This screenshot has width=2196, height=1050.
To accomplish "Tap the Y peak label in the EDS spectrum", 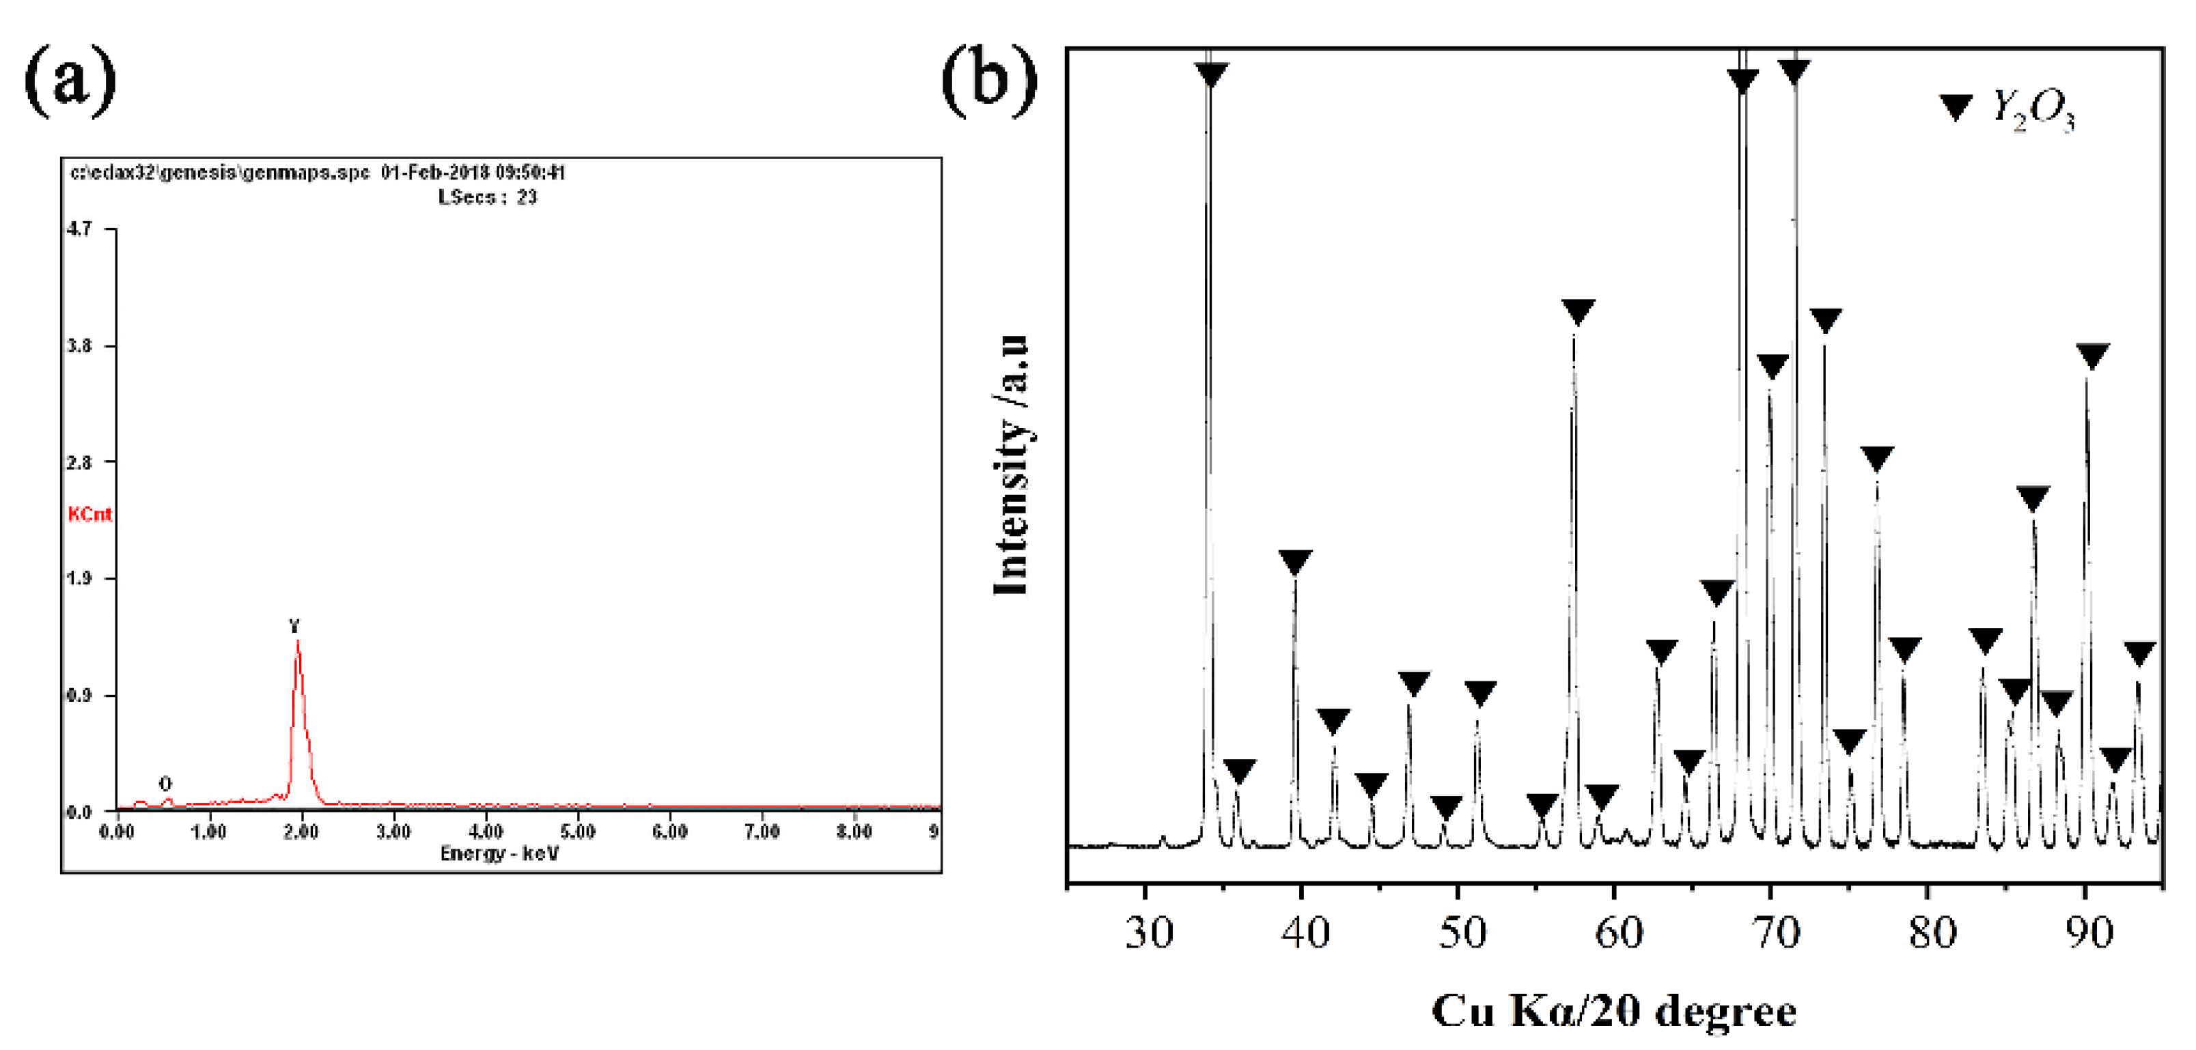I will (x=295, y=627).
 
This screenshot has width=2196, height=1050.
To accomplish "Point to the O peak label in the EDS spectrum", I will (x=165, y=783).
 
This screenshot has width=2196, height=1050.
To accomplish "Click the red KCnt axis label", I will (x=89, y=514).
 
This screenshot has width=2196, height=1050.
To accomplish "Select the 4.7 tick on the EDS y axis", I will (x=79, y=229).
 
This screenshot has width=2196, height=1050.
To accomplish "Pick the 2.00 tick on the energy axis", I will (x=301, y=832).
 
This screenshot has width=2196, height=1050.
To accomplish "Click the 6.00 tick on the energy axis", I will (x=670, y=832).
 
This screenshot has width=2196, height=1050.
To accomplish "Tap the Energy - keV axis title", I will (x=499, y=853).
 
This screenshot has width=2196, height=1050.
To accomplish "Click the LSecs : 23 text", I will (x=488, y=197).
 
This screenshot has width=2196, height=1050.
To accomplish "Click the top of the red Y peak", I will (x=298, y=641).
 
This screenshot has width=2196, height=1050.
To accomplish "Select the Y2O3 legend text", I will (x=2034, y=111).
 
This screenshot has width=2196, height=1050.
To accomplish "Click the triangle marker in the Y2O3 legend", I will (x=1956, y=107).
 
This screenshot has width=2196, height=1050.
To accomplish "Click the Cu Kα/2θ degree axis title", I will (x=1614, y=1012).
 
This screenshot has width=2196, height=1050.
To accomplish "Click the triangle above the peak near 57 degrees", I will (x=1578, y=312).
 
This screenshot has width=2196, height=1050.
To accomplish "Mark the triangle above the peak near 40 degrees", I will (x=1296, y=563).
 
